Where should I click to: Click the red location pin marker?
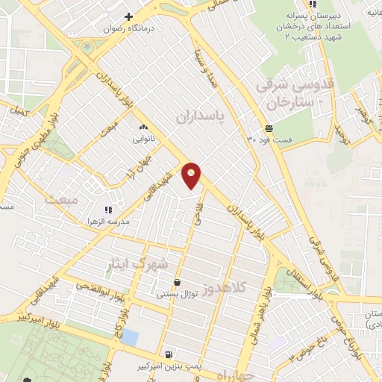coord(192,175)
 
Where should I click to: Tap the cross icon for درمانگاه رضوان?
coord(129,16)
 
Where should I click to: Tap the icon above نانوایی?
coord(143,128)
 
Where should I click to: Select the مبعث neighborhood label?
coord(61,200)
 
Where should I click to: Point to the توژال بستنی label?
coord(176,295)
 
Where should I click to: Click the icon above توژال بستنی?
coord(177,283)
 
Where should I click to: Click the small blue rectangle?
coord(131,336)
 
